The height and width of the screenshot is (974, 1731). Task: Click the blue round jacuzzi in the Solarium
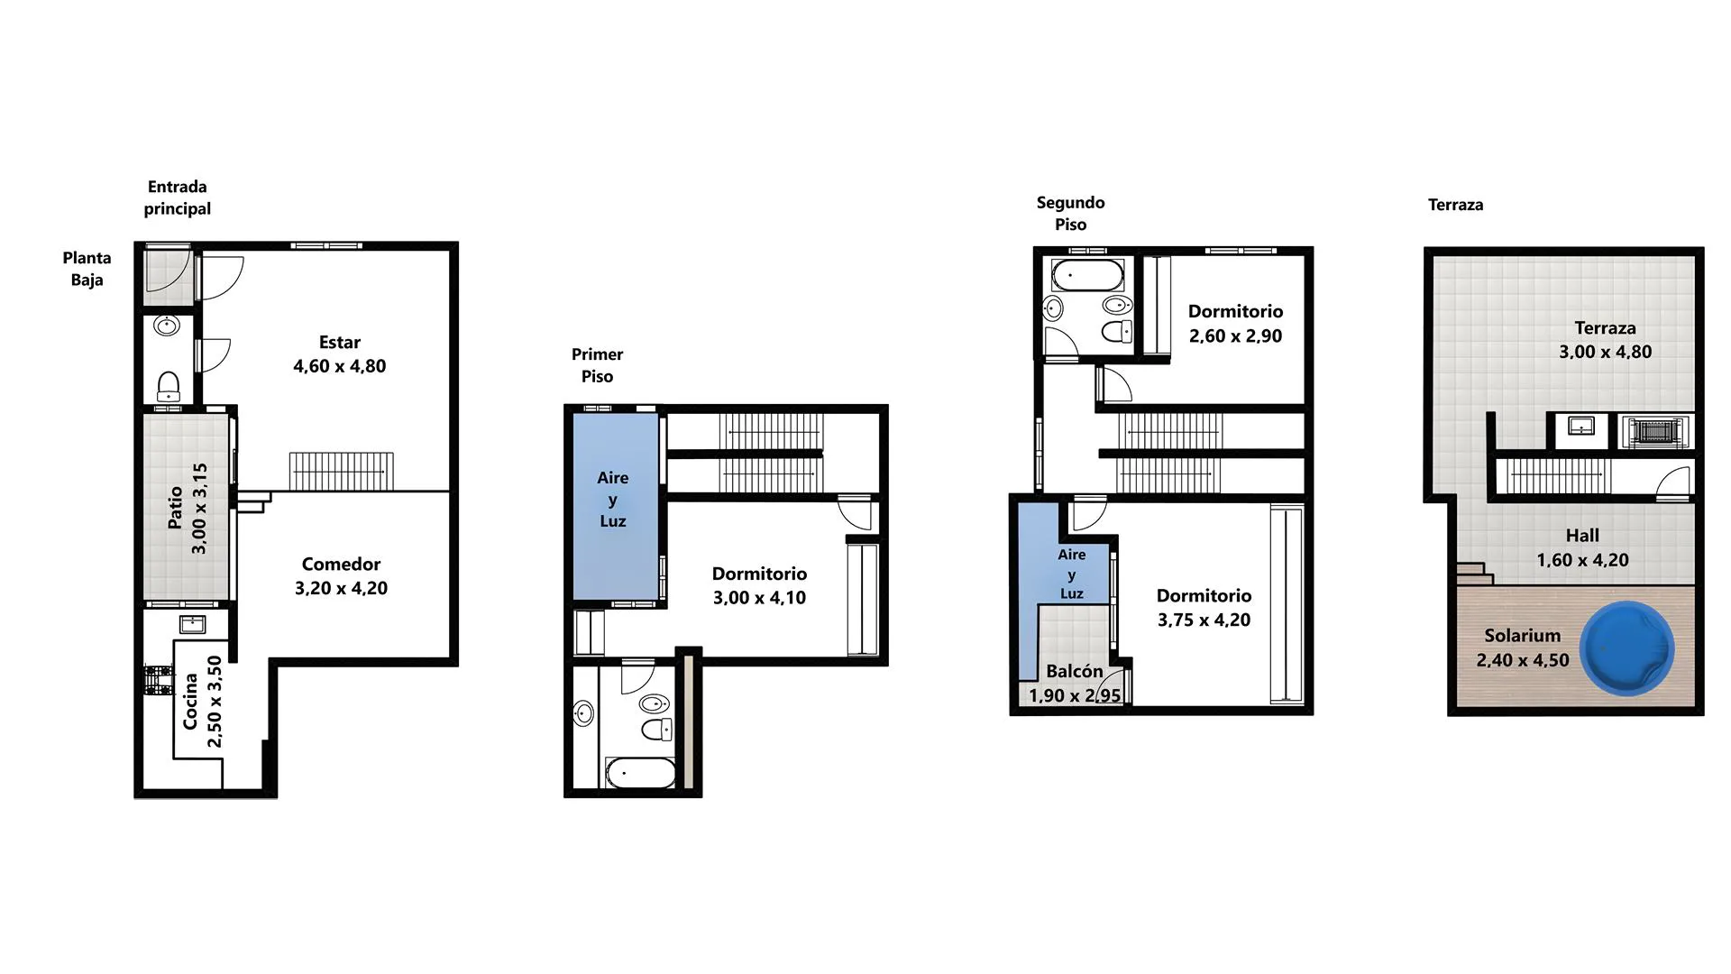click(x=1627, y=648)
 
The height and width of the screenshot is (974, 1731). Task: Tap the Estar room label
click(x=340, y=343)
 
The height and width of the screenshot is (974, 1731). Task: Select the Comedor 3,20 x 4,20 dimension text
click(x=341, y=588)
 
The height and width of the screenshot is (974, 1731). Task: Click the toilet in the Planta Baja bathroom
click(x=169, y=386)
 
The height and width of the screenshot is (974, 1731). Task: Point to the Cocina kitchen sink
click(x=192, y=624)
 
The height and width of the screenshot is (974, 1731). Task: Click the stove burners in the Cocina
click(x=158, y=680)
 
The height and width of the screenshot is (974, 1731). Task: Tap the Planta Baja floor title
click(x=87, y=269)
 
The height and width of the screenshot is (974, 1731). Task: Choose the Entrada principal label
click(x=178, y=198)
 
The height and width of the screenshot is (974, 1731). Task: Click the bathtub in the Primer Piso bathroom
click(x=640, y=773)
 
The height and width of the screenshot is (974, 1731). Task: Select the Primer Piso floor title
click(x=597, y=365)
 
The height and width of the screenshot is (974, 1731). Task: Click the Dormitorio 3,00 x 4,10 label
click(x=759, y=585)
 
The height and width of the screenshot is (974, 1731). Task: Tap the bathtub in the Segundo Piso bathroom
click(x=1088, y=275)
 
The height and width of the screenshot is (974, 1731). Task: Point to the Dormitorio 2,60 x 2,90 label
click(x=1235, y=323)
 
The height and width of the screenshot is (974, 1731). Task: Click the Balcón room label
click(x=1075, y=671)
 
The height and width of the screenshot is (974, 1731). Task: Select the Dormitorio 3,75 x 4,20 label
click(x=1204, y=607)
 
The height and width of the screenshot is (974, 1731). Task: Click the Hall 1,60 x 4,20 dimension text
click(x=1582, y=560)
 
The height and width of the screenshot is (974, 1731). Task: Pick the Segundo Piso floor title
click(x=1070, y=214)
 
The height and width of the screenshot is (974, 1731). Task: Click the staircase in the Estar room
click(x=341, y=471)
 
